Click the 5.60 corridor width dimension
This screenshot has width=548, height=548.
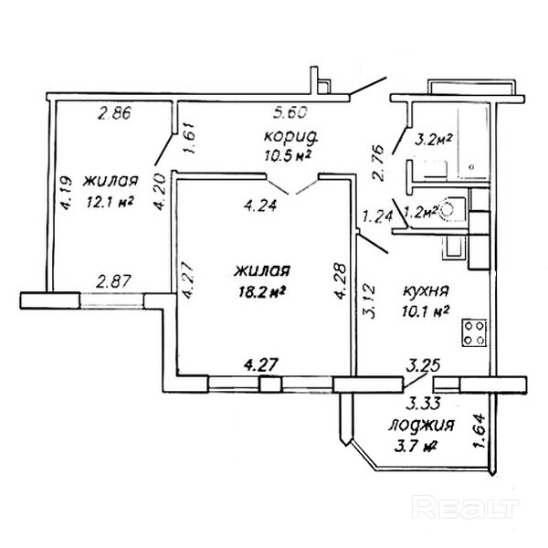click(x=290, y=114)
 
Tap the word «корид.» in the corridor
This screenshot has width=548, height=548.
click(x=290, y=136)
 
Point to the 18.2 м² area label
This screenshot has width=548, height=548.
click(x=261, y=292)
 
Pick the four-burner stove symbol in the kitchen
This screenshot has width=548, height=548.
click(x=473, y=332)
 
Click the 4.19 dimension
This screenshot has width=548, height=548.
click(x=66, y=194)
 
